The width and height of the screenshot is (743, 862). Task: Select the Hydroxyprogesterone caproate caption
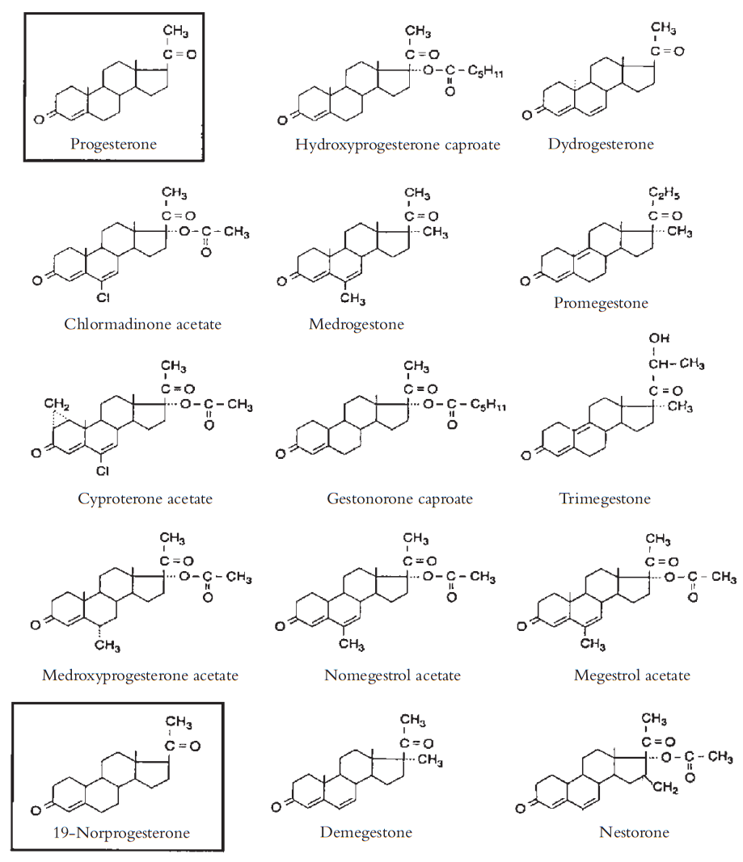[398, 145]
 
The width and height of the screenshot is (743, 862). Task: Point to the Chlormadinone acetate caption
[143, 324]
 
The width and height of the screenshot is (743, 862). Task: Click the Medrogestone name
[356, 324]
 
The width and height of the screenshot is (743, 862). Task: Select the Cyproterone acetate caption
[145, 498]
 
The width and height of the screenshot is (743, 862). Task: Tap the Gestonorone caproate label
[399, 498]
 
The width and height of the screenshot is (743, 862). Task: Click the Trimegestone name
[605, 498]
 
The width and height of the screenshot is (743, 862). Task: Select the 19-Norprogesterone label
[118, 830]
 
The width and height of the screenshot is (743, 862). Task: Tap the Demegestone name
[365, 832]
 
